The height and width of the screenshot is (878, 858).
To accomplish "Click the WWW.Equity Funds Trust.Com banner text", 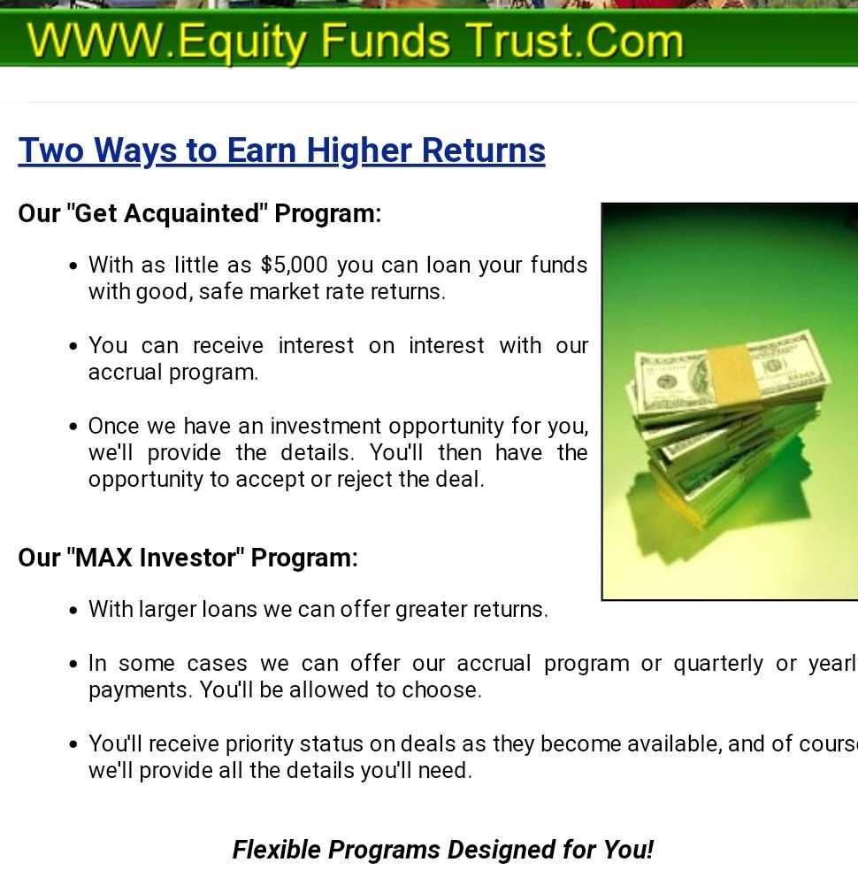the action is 356,42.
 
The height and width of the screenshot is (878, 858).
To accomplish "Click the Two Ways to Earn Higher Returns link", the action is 281,150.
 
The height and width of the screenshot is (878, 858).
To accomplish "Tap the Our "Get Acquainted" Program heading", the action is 199,213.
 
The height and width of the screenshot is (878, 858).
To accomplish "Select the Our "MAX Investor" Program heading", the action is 188,558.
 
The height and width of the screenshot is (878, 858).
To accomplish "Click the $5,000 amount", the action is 294,266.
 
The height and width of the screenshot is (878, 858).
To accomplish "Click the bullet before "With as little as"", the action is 73,266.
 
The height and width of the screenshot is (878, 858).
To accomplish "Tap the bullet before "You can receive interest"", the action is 73,347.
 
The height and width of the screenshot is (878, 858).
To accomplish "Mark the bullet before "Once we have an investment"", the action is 73,427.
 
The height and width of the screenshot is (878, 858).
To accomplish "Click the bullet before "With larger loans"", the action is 73,611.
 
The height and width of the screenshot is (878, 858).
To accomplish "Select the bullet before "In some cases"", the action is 73,665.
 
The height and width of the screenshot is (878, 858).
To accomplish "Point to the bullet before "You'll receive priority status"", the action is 73,744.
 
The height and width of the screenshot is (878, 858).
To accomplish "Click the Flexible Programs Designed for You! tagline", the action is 443,850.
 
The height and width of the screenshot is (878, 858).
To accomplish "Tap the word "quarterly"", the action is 718,664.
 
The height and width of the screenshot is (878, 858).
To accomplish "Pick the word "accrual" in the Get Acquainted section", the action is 125,373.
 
